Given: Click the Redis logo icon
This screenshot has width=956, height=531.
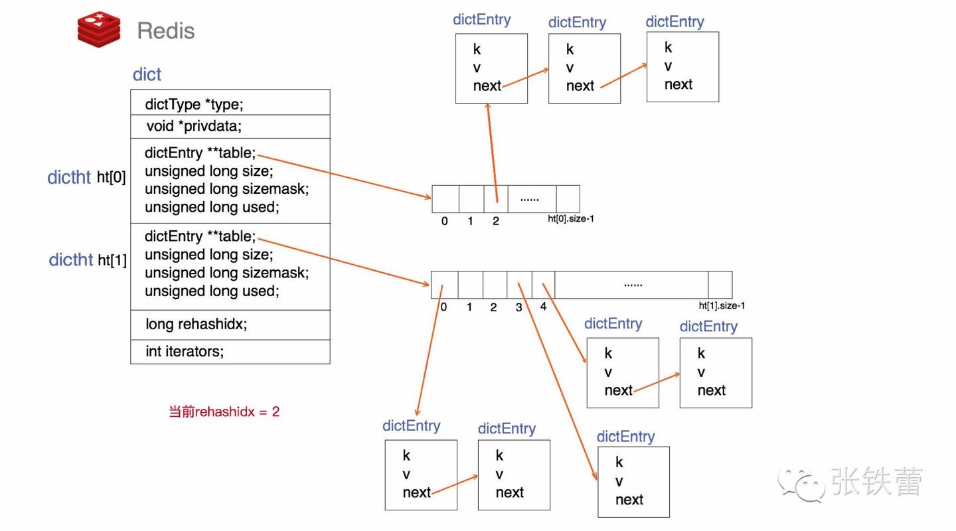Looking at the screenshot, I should click(x=99, y=29).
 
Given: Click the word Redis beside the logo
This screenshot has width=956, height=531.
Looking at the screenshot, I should click(x=165, y=31).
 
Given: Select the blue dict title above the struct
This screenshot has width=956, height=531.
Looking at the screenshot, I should click(x=147, y=74).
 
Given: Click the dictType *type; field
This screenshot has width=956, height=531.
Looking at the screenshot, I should click(x=195, y=104).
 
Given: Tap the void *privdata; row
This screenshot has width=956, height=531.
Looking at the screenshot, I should click(x=194, y=126).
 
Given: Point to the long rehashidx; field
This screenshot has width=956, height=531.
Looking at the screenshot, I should click(x=196, y=325).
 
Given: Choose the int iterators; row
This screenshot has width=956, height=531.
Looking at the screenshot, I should click(x=185, y=352).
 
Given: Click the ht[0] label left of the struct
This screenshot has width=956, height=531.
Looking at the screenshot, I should click(x=111, y=177).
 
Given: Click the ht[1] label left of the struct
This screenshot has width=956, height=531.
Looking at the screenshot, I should click(x=112, y=260).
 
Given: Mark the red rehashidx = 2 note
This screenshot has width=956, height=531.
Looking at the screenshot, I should click(x=224, y=412).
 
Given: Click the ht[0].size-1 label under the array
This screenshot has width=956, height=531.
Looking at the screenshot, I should click(x=570, y=218).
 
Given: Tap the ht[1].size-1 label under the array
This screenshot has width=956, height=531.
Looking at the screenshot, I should click(x=722, y=306).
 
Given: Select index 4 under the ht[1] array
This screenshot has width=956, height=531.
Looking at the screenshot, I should click(x=543, y=307).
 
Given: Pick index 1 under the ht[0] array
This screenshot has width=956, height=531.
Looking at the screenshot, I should click(x=470, y=221).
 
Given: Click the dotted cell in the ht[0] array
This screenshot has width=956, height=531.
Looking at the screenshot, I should click(x=531, y=198).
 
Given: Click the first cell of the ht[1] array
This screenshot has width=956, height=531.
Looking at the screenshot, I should click(x=444, y=284).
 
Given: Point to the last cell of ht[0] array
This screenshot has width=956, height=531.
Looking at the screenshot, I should click(x=568, y=198).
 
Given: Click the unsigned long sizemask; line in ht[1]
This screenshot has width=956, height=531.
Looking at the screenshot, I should click(x=226, y=273).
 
